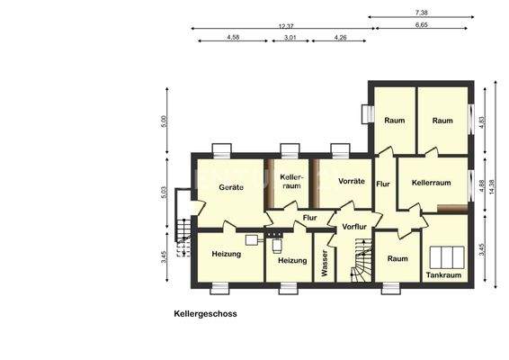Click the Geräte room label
tap(232, 186)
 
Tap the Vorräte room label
tap(351, 181)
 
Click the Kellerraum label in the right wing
tap(431, 183)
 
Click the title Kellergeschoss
tap(206, 315)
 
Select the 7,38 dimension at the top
tap(421, 12)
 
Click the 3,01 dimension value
tap(290, 37)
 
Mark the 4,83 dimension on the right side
tap(484, 121)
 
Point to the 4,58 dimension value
tap(233, 37)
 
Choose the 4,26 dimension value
tap(342, 37)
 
